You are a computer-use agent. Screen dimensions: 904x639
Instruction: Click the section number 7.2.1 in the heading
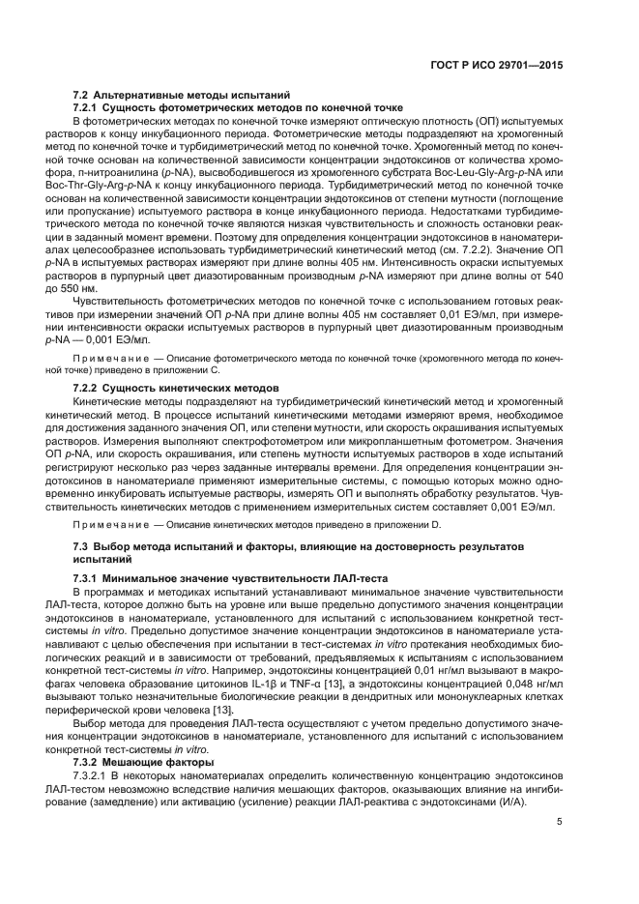pos(89,107)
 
